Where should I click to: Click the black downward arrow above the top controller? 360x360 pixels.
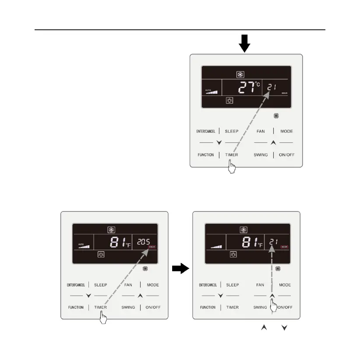tap(245, 43)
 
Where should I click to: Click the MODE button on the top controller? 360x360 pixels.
tap(286, 131)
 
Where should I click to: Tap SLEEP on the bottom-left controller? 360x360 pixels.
tap(100, 285)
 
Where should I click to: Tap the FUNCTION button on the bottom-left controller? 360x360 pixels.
tap(76, 307)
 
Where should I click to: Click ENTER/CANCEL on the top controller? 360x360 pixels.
tap(205, 131)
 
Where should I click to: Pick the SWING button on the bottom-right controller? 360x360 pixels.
tap(260, 307)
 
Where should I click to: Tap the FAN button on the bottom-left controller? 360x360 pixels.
tap(128, 285)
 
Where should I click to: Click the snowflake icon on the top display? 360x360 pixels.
tap(240, 74)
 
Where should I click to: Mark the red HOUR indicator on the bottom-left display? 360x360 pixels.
tap(152, 248)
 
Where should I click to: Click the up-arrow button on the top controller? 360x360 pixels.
tap(273, 143)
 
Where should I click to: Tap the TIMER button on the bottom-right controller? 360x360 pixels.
tap(232, 307)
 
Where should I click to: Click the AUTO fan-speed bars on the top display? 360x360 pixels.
tap(211, 92)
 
